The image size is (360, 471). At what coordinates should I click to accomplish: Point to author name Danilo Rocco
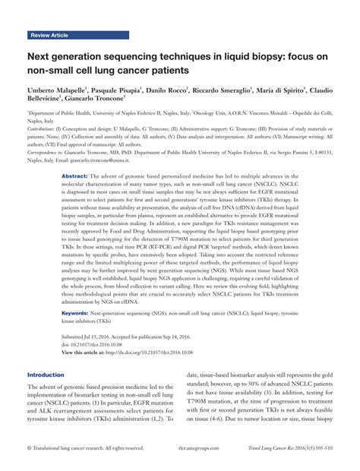tap(166, 89)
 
